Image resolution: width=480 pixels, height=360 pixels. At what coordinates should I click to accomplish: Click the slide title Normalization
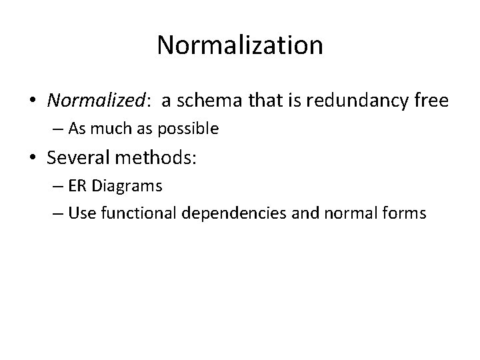240,45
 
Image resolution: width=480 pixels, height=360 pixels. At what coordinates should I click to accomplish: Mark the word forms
402,213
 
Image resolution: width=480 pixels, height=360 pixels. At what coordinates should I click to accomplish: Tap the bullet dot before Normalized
32,101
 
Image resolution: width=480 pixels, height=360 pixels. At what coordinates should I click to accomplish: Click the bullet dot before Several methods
32,158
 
